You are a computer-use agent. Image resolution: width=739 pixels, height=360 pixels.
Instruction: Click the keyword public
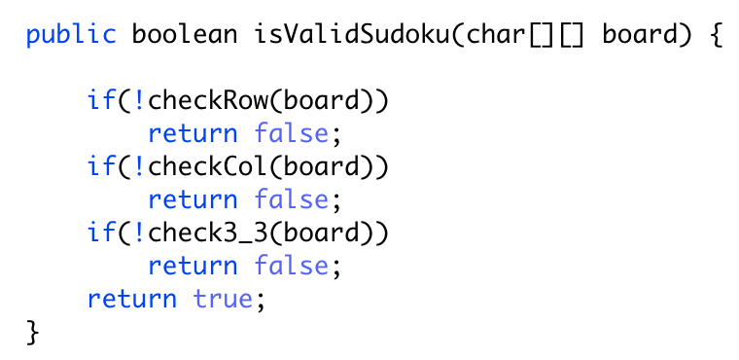tap(72, 36)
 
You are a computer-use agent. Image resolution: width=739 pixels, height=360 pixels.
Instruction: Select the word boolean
tap(185, 36)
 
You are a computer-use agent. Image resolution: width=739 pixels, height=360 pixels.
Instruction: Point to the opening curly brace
tap(717, 36)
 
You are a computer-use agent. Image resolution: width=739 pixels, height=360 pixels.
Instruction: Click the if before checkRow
tap(101, 101)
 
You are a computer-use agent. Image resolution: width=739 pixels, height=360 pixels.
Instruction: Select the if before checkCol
tap(101, 167)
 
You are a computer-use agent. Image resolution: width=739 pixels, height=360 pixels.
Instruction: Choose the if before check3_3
tap(101, 233)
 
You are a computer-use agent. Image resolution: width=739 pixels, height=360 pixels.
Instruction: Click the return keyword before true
tap(132, 299)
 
